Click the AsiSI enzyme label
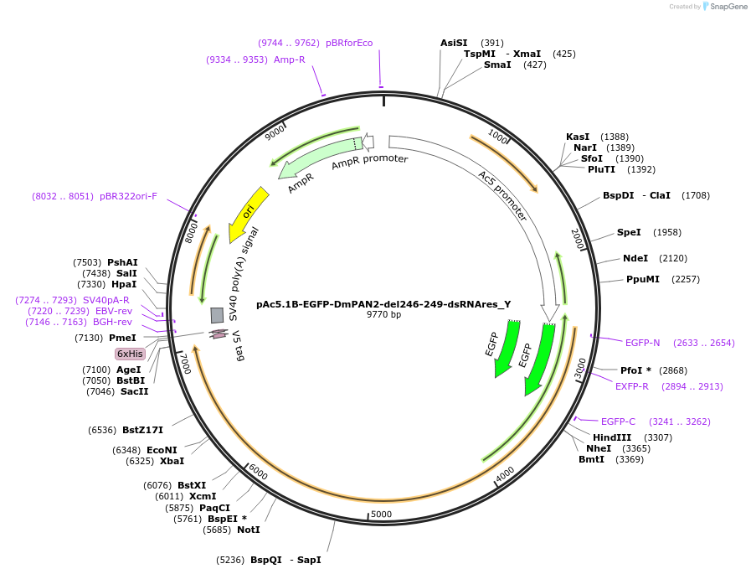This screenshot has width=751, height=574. pos(455,43)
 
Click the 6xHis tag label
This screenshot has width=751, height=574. pos(130,354)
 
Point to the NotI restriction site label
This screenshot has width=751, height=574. pos(249,530)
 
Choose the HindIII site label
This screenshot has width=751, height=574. pos(612,437)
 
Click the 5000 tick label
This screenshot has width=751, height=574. pos(381,514)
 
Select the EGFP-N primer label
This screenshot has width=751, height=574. pos(642,342)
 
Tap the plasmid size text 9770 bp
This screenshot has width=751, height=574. pos(383,315)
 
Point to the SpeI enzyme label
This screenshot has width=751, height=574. pos(629,232)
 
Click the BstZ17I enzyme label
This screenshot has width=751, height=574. pos(142,430)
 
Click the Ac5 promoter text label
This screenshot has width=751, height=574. pos(502,196)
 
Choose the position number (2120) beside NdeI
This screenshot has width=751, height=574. pos(673,258)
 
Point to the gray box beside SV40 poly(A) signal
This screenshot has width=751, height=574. pos(217,315)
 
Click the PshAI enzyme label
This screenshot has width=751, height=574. pos(122,262)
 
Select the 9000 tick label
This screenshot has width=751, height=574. pos(275,133)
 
